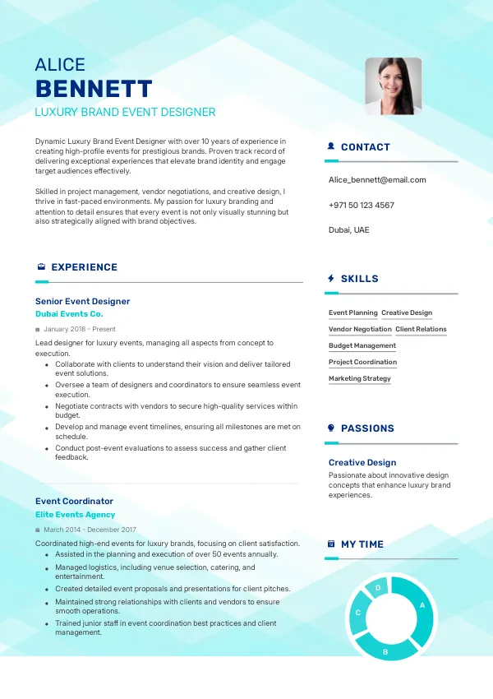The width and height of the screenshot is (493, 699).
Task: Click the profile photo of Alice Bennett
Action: pyautogui.click(x=394, y=86)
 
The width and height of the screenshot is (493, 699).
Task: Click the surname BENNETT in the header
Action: pyautogui.click(x=94, y=89)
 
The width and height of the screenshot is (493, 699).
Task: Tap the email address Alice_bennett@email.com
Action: pyautogui.click(x=377, y=179)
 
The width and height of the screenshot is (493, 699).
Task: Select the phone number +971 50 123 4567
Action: pyautogui.click(x=362, y=205)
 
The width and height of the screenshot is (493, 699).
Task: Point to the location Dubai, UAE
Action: pyautogui.click(x=349, y=229)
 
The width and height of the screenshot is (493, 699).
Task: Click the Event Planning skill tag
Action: pyautogui.click(x=353, y=312)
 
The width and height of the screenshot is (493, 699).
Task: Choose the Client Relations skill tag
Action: pyautogui.click(x=421, y=329)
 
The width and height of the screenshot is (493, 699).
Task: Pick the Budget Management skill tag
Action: pyautogui.click(x=362, y=345)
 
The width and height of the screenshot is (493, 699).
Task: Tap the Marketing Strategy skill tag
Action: pyautogui.click(x=360, y=378)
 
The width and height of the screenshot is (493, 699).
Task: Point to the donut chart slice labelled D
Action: pyautogui.click(x=378, y=588)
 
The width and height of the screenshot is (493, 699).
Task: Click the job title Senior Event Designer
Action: pyautogui.click(x=82, y=301)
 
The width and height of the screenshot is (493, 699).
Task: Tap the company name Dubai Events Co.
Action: pyautogui.click(x=69, y=314)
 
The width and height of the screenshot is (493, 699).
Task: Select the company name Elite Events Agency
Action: pyautogui.click(x=76, y=515)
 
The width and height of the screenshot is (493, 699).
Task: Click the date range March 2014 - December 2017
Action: pyautogui.click(x=90, y=530)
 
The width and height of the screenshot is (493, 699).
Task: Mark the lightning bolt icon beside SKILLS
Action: pyautogui.click(x=330, y=279)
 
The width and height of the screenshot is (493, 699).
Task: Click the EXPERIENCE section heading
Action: pyautogui.click(x=84, y=267)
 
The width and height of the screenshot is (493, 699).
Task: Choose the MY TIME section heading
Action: pyautogui.click(x=362, y=544)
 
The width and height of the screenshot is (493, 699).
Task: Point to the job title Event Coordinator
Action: pyautogui.click(x=74, y=501)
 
